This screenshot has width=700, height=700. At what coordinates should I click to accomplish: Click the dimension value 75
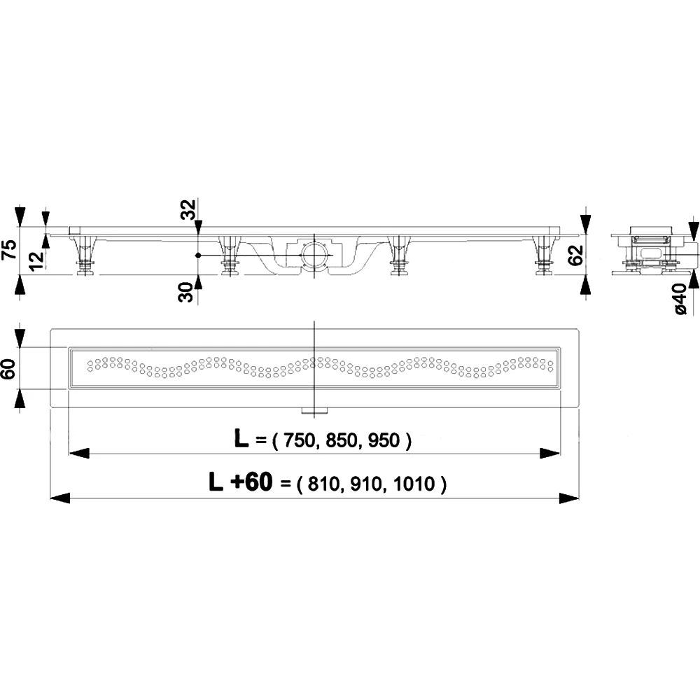10,249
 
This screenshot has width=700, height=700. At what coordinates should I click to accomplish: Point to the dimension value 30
185,293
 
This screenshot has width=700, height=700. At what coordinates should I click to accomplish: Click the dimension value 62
575,255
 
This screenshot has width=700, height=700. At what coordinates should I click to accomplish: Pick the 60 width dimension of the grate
9,369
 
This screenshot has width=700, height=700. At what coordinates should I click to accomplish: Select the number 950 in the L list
384,441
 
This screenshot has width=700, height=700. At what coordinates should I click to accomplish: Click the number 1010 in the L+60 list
414,484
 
